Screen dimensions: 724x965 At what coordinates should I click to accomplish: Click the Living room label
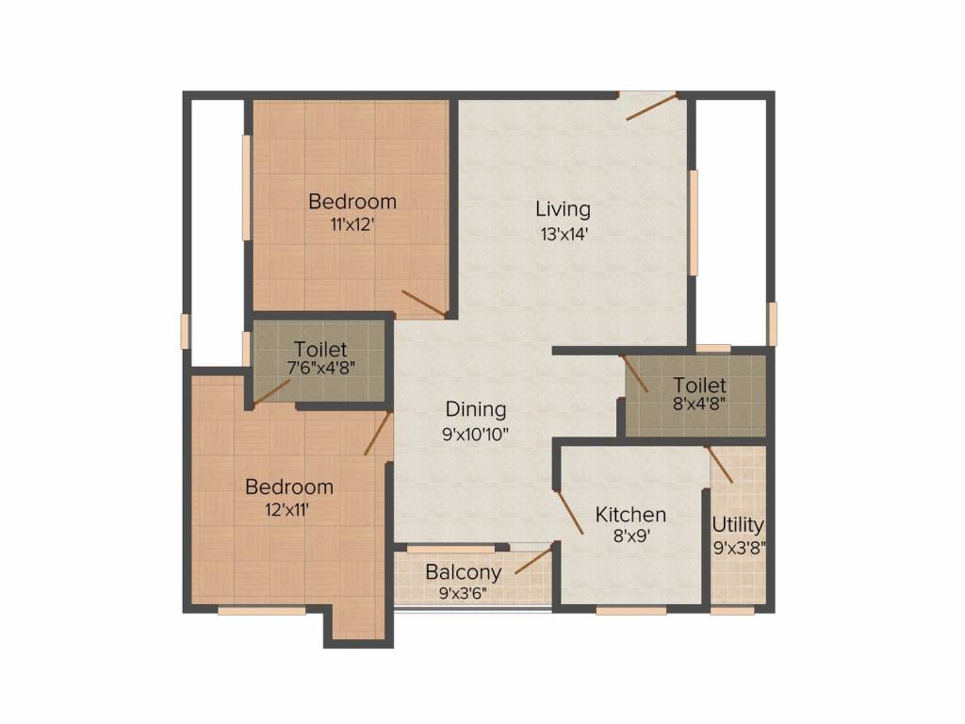point(563,209)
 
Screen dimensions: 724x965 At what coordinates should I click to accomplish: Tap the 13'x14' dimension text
point(563,235)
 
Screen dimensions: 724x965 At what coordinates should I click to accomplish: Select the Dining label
point(476,410)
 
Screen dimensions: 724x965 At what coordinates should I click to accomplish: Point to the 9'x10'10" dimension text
point(476,435)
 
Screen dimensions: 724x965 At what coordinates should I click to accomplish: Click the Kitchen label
point(630,515)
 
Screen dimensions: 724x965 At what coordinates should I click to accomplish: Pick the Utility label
point(738,525)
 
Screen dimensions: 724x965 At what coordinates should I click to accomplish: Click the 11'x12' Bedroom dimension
point(352,225)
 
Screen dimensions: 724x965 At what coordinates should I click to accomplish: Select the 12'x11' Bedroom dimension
point(288,510)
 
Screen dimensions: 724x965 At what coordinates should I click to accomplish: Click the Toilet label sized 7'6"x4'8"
point(319,349)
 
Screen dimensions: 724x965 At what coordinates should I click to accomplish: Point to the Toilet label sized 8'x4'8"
point(699,386)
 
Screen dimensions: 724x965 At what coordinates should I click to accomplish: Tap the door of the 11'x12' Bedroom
point(422,304)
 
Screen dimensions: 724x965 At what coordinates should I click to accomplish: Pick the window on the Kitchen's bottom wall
point(630,610)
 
